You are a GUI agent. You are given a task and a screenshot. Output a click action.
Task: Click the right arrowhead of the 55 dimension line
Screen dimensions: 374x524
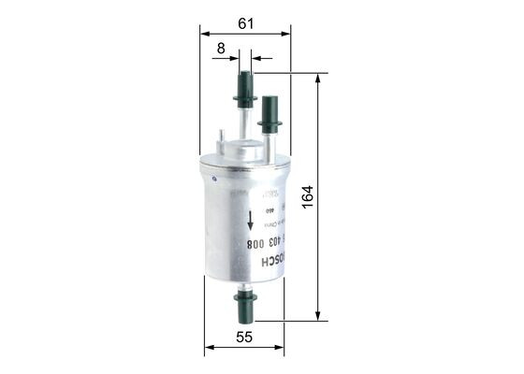284,349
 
